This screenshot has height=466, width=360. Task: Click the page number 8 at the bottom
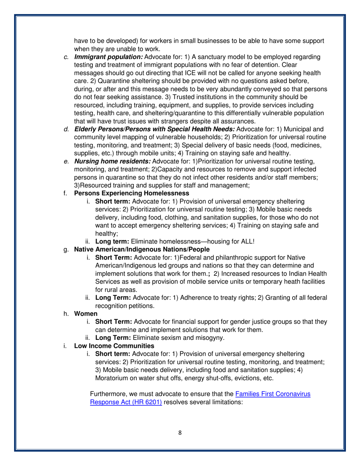[x=180, y=434]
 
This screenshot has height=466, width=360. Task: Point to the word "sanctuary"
[x=212, y=57]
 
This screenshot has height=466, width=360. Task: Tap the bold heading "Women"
[x=84, y=314]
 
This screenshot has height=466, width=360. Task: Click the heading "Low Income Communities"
[x=114, y=346]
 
